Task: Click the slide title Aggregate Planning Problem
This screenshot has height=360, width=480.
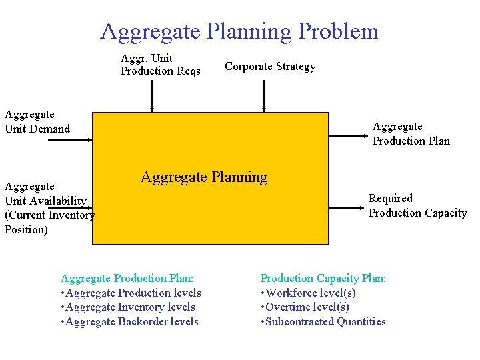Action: click(x=239, y=31)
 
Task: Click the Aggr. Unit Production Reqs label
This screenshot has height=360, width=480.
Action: click(x=160, y=65)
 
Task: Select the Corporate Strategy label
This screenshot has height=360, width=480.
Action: click(x=270, y=66)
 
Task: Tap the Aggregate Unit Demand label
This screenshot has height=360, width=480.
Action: click(x=37, y=122)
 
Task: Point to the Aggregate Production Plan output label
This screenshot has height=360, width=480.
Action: click(x=411, y=133)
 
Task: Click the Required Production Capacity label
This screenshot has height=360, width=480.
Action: click(x=417, y=205)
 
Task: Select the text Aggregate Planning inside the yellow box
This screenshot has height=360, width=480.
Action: click(x=203, y=177)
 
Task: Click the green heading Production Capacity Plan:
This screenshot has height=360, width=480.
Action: click(x=323, y=278)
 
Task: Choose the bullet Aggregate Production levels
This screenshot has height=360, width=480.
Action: click(x=131, y=293)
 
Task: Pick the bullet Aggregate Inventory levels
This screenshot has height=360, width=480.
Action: click(x=128, y=307)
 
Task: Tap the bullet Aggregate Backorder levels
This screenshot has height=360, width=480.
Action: click(x=129, y=322)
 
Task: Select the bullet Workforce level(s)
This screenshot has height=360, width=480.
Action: click(x=308, y=293)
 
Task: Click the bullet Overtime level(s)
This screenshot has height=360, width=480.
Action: click(x=305, y=307)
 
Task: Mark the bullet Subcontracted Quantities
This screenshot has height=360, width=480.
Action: click(x=323, y=322)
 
